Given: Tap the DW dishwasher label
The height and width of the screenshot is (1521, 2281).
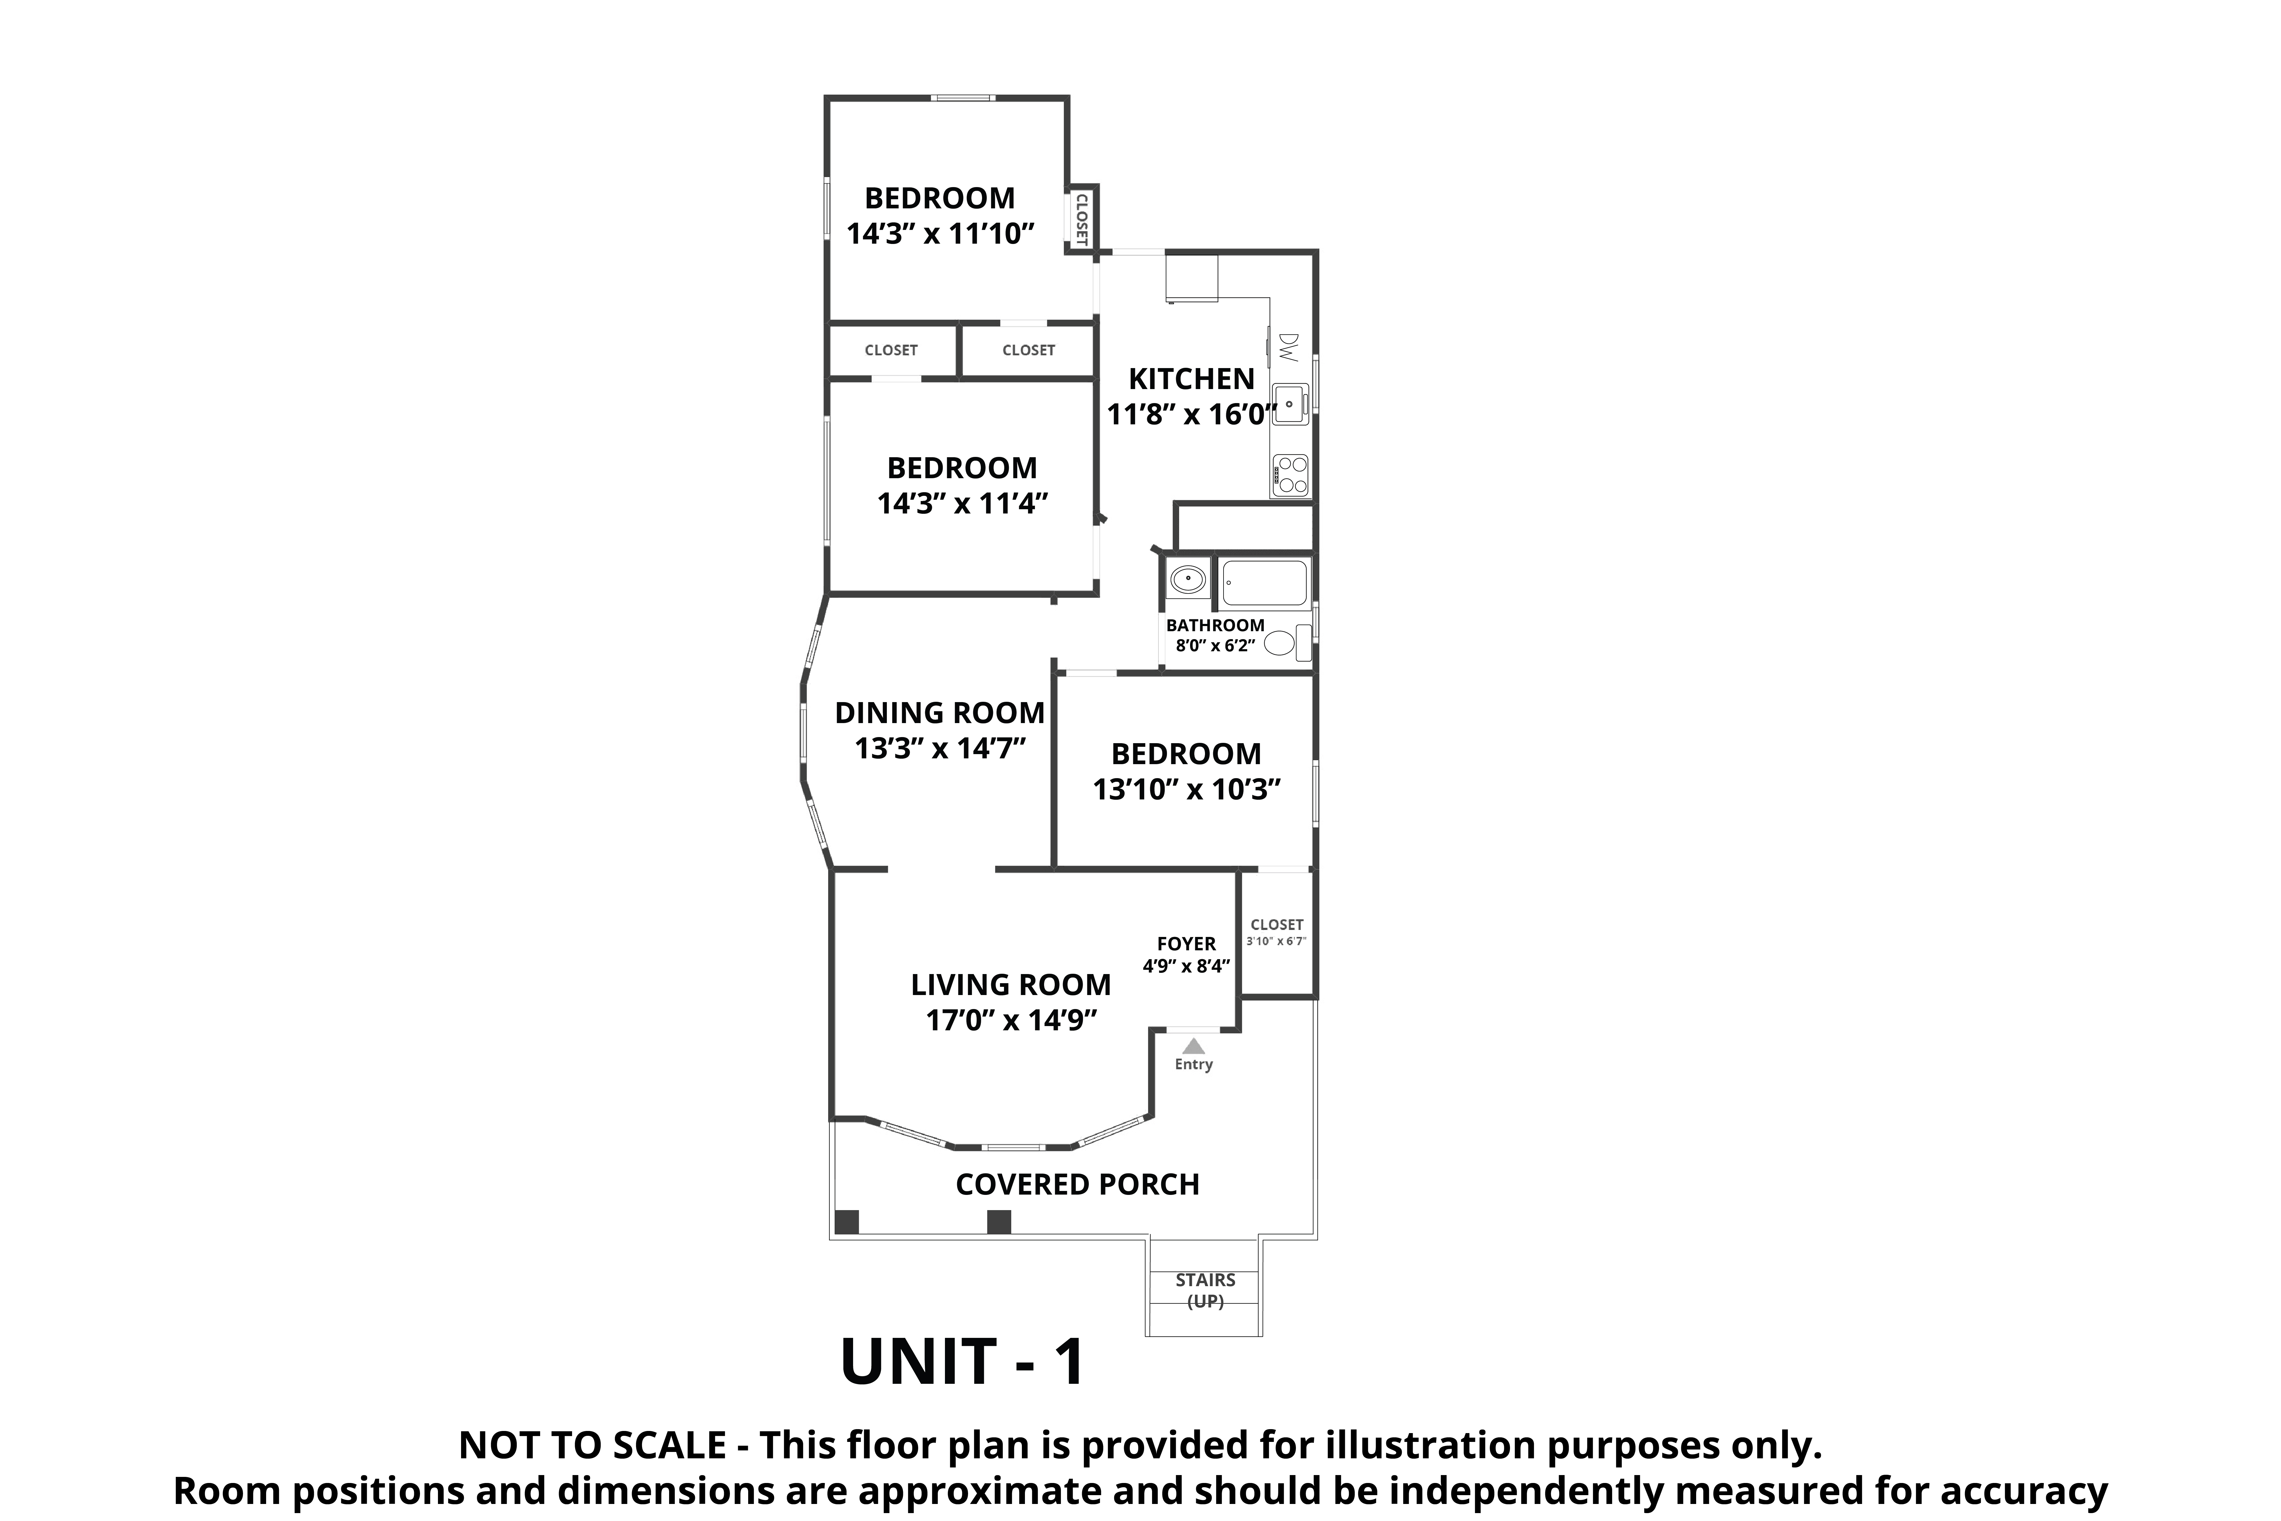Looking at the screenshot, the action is tap(1288, 347).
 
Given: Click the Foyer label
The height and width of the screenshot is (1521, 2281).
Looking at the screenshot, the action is tap(1186, 944).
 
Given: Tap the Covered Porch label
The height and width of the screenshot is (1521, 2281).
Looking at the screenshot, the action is tap(1078, 1184).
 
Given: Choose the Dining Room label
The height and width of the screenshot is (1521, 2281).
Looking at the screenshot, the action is tap(940, 713).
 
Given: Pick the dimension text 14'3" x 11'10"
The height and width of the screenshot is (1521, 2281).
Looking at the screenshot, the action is tap(941, 234).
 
